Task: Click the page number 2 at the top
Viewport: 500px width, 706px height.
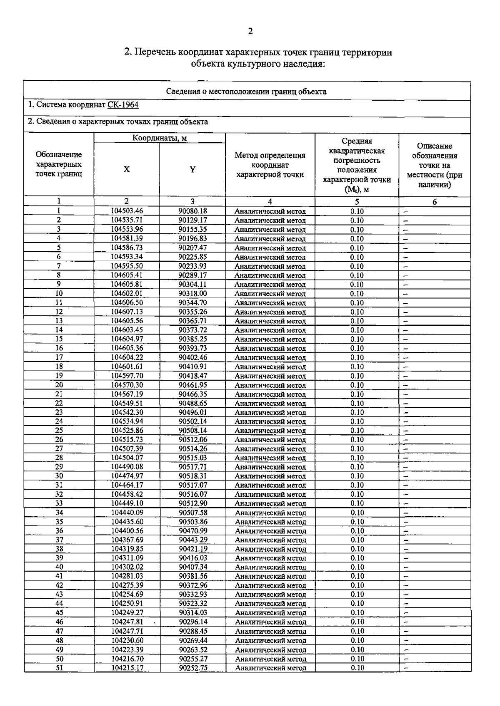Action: coord(250,31)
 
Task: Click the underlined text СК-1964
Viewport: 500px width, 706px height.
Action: coord(122,105)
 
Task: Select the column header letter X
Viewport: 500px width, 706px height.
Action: coord(126,169)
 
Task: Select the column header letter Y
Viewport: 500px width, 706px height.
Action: coord(192,169)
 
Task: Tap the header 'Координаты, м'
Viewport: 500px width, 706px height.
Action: coord(159,138)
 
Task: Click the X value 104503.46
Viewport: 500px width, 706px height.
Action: coord(127,211)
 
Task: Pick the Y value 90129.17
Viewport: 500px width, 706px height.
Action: coord(192,220)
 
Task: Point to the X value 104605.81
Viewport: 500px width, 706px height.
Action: coord(127,285)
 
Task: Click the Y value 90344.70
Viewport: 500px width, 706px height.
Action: coord(192,303)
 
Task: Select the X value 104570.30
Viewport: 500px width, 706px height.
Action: coord(127,385)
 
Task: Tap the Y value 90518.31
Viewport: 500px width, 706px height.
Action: coord(192,476)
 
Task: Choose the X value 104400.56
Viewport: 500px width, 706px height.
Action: coord(127,531)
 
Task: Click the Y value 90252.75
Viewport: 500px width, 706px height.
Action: coord(193,668)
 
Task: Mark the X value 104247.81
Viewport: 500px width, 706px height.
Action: coord(127,622)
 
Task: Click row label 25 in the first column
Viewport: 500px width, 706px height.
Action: coord(59,431)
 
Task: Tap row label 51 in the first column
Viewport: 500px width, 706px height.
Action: coord(59,668)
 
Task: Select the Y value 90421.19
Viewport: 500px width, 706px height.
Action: coord(193,549)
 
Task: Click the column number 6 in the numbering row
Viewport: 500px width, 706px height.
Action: coord(435,202)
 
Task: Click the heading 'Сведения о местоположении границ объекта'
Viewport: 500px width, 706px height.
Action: coord(246,92)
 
